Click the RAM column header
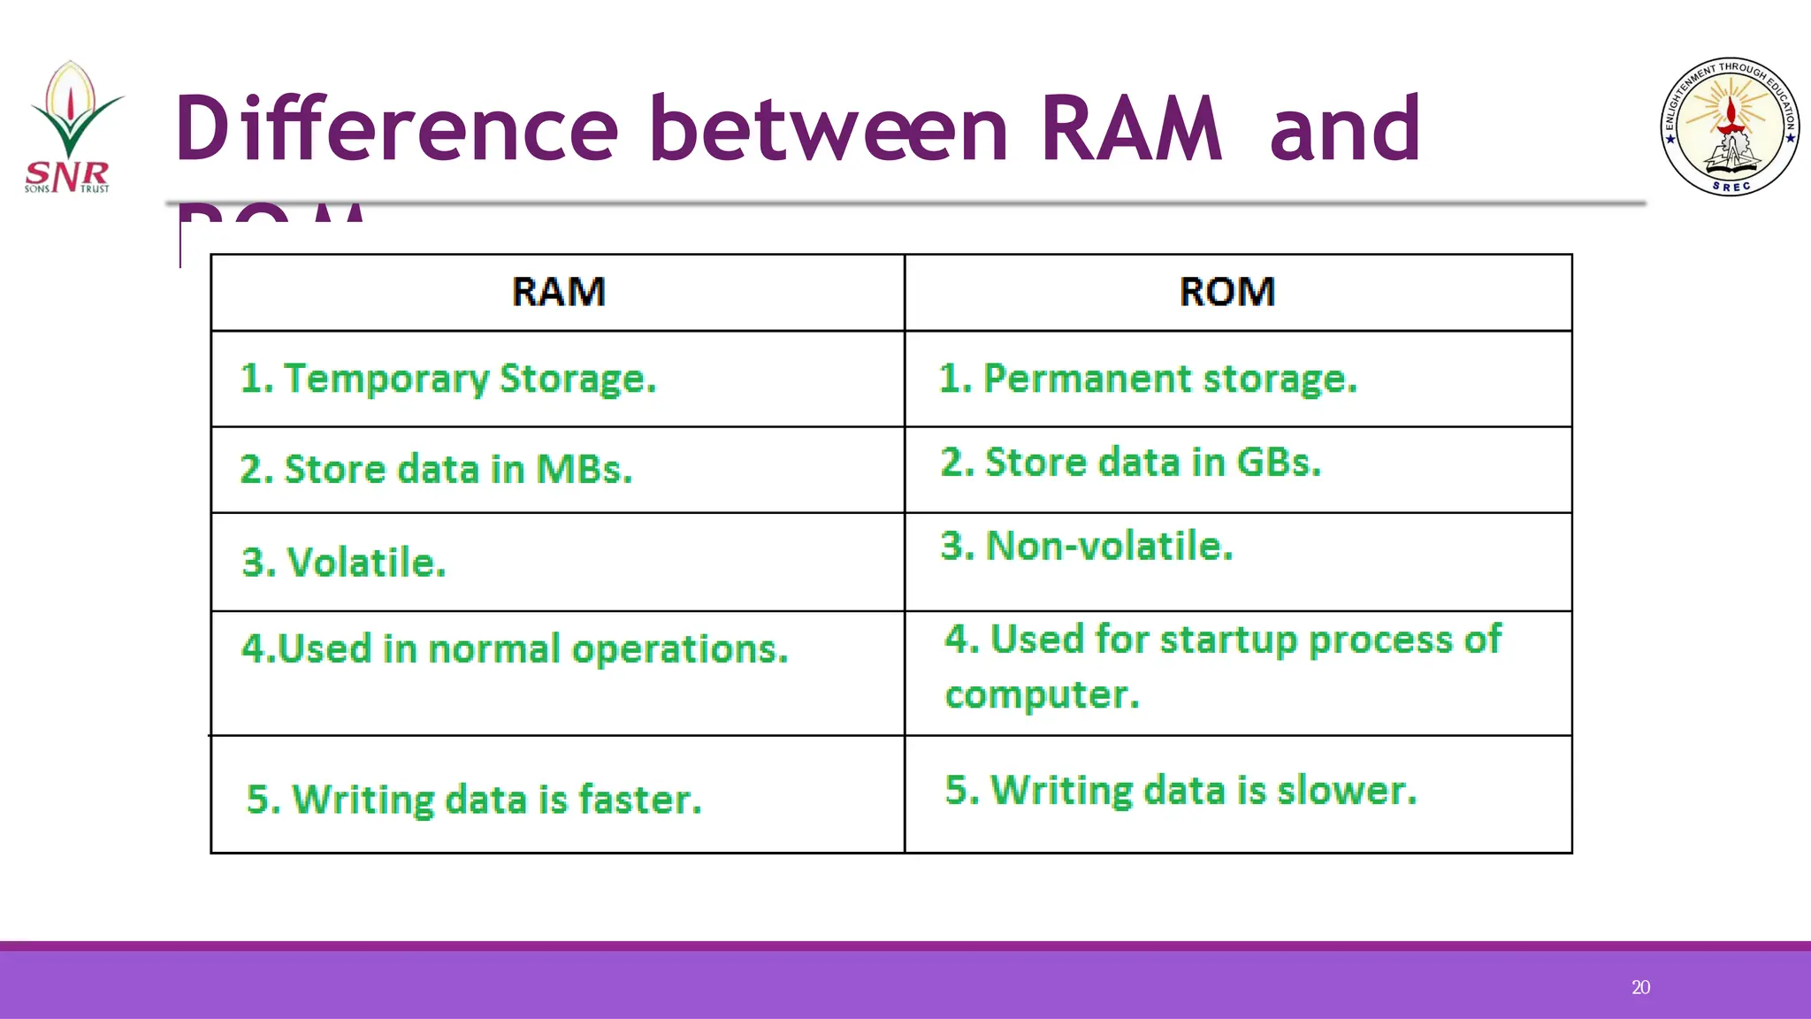(x=558, y=292)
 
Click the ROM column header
(x=1226, y=292)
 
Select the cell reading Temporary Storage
(x=448, y=379)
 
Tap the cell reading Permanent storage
(x=1147, y=379)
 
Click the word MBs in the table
(x=584, y=469)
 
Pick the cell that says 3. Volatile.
(x=344, y=563)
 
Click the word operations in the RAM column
(x=679, y=650)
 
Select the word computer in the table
(x=1042, y=695)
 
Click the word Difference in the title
(x=396, y=129)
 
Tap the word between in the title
(x=828, y=129)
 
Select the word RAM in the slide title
(x=1130, y=129)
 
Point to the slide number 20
(x=1640, y=987)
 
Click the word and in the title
(x=1344, y=129)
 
